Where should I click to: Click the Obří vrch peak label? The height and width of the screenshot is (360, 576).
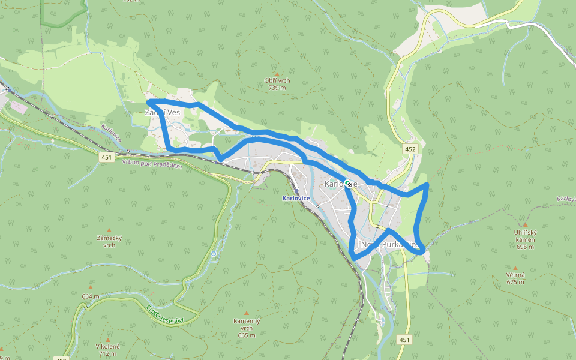coord(277,84)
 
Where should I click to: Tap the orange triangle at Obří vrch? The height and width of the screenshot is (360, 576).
coord(277,74)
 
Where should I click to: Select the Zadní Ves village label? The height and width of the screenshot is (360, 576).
coord(163,112)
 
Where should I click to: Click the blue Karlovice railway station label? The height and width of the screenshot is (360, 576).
coord(296,198)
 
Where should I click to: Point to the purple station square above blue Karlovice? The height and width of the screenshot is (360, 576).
coord(296,192)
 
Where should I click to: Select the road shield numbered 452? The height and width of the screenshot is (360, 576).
coord(410,149)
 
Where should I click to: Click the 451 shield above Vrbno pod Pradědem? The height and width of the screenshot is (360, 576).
coord(107,157)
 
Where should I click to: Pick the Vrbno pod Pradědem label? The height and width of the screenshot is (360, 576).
coord(152,164)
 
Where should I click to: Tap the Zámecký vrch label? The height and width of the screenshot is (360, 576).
coord(109,241)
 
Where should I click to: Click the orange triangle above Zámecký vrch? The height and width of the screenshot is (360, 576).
coord(109,230)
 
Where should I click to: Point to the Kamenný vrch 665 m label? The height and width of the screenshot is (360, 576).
coord(247,328)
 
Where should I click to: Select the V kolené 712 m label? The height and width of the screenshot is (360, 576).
coord(108,350)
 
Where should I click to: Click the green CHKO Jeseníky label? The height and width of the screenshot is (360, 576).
coord(164,315)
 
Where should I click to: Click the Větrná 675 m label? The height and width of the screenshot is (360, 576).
coord(515,278)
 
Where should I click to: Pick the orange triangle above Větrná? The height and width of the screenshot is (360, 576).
coord(515,268)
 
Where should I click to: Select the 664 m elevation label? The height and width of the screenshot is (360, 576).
coord(91,296)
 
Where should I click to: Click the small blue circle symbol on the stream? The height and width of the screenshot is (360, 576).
coord(214,254)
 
